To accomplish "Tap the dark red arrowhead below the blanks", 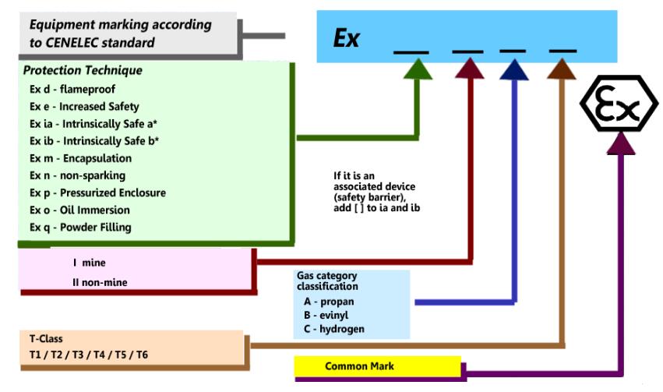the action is [470, 69].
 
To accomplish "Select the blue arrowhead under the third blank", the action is [514, 69].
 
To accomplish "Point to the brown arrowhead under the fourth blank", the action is [562, 69].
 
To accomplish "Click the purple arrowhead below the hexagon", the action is [621, 143].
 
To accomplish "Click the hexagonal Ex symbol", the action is [619, 103].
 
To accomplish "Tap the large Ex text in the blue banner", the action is [346, 38].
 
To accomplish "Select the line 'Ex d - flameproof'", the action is [72, 89].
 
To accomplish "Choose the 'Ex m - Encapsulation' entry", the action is [81, 158].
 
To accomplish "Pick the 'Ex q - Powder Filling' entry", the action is [80, 228].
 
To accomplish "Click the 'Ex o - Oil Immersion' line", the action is [79, 210].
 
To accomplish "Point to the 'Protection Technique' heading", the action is [83, 70].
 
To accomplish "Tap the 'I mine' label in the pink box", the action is [90, 263].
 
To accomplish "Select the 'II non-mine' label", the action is [100, 282].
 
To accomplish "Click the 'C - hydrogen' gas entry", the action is [334, 329].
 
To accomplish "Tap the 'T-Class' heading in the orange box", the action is [46, 339].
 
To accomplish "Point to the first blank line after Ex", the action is [411, 52].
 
